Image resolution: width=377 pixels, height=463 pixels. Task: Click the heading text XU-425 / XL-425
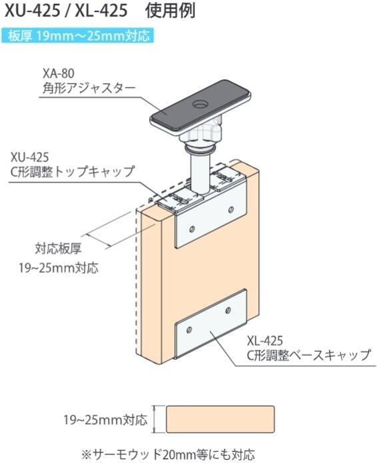click(67, 11)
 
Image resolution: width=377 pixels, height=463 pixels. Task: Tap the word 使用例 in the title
click(171, 11)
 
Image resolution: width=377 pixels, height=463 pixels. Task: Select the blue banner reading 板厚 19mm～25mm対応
click(78, 36)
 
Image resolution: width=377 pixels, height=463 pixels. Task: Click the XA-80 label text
click(58, 73)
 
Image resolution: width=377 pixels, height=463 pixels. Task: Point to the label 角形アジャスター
click(89, 89)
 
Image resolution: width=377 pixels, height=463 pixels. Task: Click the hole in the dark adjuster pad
click(200, 105)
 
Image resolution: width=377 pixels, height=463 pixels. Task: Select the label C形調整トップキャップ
click(73, 172)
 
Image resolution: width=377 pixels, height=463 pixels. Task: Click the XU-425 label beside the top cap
click(29, 157)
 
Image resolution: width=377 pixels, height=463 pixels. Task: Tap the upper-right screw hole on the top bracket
click(231, 210)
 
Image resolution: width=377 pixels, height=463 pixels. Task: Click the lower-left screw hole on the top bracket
click(192, 229)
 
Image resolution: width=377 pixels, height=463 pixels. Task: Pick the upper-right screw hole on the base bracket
click(228, 310)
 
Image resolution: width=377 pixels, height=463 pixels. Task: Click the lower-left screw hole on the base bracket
click(189, 330)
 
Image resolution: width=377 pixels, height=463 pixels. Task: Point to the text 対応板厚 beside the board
click(59, 248)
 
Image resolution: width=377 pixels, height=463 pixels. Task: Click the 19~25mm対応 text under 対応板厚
click(59, 268)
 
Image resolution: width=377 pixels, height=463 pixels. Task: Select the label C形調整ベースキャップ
click(308, 355)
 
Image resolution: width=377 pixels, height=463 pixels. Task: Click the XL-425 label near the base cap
click(264, 340)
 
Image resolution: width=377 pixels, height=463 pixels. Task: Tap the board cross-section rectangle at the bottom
click(220, 419)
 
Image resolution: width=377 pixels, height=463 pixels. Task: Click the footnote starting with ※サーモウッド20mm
click(168, 454)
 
